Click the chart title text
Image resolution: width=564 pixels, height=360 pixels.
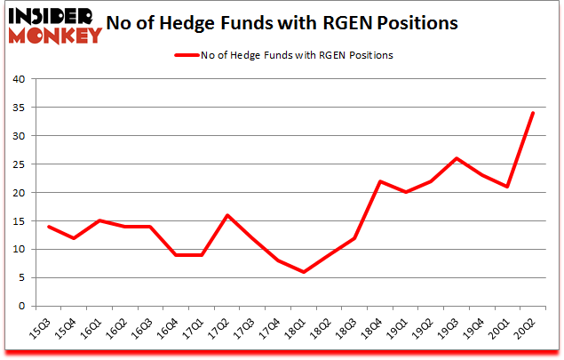(x=282, y=23)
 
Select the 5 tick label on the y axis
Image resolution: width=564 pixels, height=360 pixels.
(x=21, y=278)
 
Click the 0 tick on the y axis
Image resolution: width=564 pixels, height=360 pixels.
(x=21, y=307)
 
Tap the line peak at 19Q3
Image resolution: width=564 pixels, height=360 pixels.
(x=457, y=158)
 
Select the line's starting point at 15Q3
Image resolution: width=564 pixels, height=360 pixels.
(x=49, y=227)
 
